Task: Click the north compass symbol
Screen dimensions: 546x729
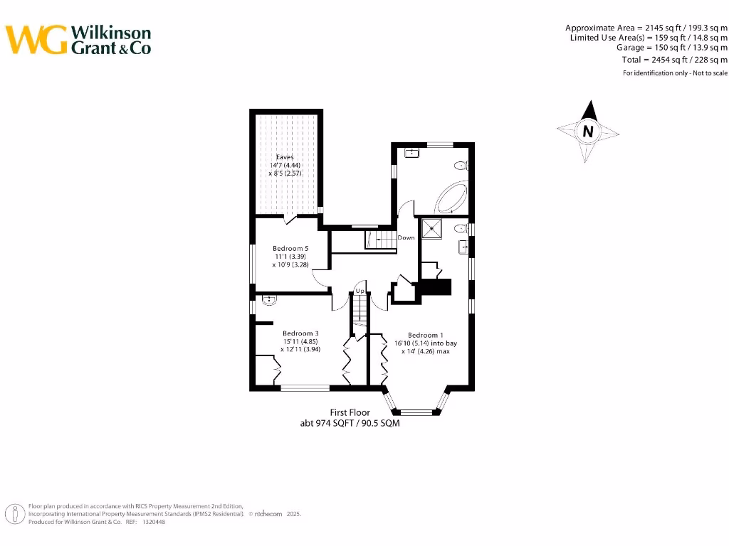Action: (x=588, y=132)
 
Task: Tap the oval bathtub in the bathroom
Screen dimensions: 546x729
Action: (x=451, y=198)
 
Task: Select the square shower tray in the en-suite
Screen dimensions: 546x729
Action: (x=431, y=228)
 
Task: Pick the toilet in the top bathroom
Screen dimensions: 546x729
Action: (x=461, y=166)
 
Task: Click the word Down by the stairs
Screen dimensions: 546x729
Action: (x=406, y=238)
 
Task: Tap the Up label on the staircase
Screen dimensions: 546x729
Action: (x=360, y=291)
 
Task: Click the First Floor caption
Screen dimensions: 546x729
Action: (x=350, y=412)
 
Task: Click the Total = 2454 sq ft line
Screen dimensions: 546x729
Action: (x=675, y=60)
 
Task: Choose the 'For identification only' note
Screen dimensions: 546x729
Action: (x=676, y=73)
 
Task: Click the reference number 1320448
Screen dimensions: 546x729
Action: (x=154, y=522)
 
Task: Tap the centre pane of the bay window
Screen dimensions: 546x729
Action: (x=416, y=412)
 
